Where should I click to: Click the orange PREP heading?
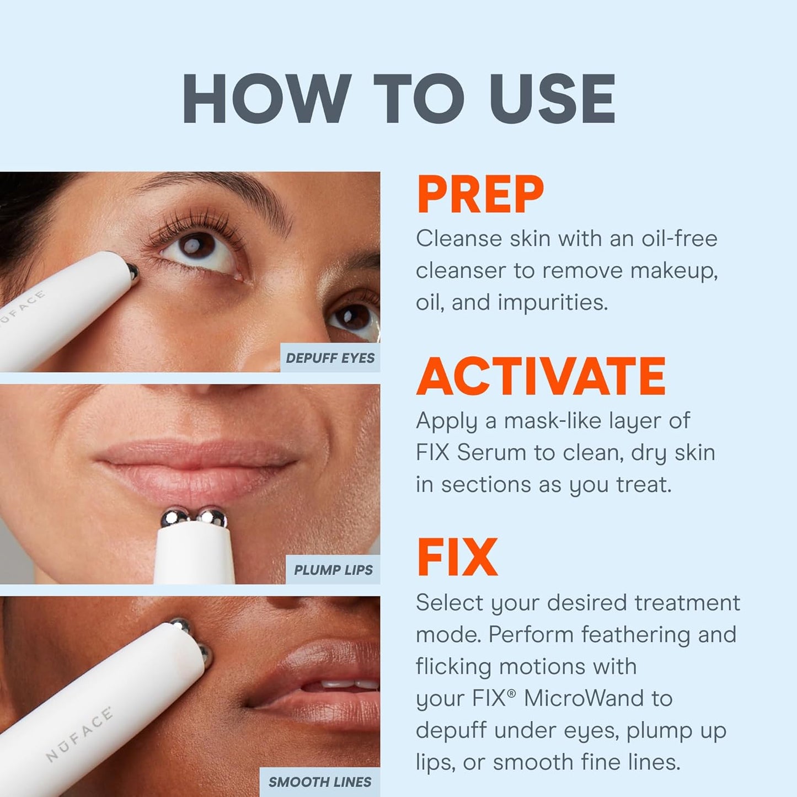pos(480,195)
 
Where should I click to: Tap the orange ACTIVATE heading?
pos(541,376)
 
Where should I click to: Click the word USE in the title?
pos(552,99)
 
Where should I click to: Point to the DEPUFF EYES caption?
pos(330,358)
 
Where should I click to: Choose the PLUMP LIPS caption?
pos(333,570)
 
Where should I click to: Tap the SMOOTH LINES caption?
pos(320,782)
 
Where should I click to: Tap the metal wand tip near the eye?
pos(132,270)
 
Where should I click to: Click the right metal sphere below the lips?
pos(213,518)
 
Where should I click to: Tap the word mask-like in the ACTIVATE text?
pos(552,421)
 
